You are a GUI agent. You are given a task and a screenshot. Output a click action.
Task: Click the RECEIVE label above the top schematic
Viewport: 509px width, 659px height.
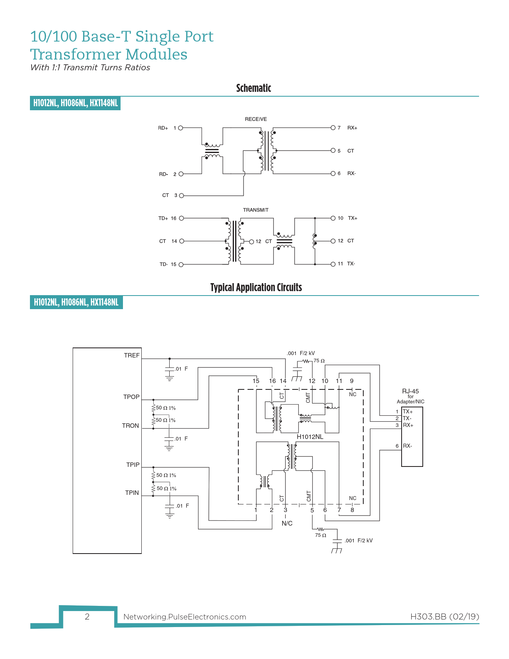click(255, 119)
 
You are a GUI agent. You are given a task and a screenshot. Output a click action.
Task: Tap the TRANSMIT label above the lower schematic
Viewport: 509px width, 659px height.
click(255, 210)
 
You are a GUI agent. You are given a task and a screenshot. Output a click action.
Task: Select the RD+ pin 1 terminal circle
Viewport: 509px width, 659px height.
click(180, 128)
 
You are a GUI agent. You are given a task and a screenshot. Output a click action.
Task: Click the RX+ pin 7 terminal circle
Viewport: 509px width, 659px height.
click(333, 128)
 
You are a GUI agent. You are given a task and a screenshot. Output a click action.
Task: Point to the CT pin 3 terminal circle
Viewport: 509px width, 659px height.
click(182, 195)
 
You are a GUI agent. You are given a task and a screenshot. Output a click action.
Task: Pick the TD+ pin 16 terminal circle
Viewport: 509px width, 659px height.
click(181, 218)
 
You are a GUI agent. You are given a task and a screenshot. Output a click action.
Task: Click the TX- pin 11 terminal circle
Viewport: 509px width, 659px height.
click(333, 264)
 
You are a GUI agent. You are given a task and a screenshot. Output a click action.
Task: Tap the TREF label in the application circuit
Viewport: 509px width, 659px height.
click(132, 355)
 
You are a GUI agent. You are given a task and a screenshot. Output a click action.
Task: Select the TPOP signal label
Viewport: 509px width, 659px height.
click(131, 397)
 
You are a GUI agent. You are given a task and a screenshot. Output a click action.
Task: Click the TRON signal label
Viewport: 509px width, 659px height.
click(131, 426)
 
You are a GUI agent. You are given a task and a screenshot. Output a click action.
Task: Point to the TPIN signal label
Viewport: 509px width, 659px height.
click(132, 493)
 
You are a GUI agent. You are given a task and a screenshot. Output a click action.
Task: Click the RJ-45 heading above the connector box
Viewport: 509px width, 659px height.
click(410, 391)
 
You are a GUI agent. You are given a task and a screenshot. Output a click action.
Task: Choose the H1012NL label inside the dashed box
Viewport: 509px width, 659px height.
click(310, 437)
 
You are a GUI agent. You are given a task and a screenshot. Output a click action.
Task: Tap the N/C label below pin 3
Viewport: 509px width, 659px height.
click(287, 523)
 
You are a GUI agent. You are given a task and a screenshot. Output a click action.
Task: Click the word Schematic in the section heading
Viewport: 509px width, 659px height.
click(254, 88)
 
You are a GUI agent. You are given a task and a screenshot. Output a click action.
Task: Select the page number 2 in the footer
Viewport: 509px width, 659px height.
click(87, 617)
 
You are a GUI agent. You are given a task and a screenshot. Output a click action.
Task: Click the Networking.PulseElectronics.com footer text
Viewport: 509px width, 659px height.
click(184, 617)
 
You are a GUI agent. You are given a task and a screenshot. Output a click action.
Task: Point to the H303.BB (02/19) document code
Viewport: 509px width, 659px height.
click(444, 616)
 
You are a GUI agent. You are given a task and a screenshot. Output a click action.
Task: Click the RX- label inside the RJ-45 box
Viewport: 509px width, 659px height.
click(407, 446)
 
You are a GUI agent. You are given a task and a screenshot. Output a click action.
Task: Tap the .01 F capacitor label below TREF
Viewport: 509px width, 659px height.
click(182, 369)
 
